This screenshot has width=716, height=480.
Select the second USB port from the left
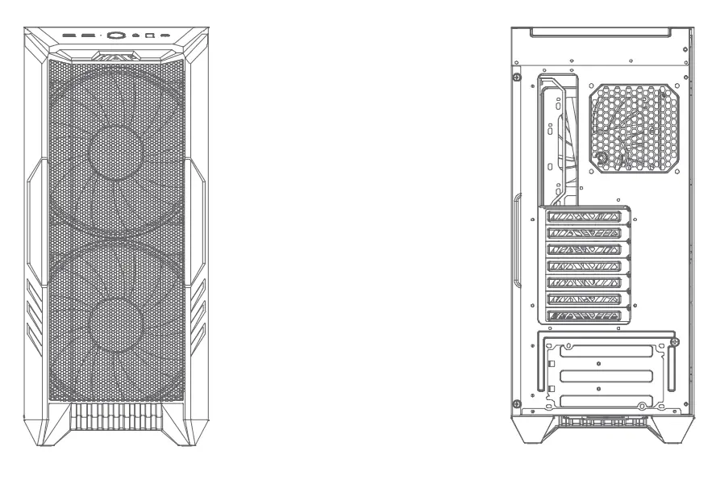[x=87, y=35]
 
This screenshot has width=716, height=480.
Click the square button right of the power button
[x=149, y=35]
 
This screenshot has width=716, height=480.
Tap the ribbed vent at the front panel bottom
[x=118, y=417]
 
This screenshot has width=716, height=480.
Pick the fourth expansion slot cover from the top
[x=588, y=265]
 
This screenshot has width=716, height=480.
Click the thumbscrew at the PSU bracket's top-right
[x=674, y=341]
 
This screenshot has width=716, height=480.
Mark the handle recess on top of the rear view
[x=601, y=32]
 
